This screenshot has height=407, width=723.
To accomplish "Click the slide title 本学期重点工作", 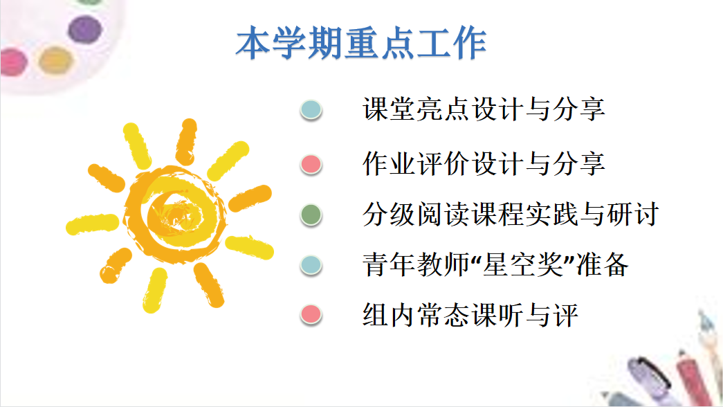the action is pyautogui.click(x=361, y=43).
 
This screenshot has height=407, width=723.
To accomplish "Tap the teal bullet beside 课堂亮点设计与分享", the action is pyautogui.click(x=311, y=110).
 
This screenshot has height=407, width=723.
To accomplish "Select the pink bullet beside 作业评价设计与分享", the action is pyautogui.click(x=311, y=165).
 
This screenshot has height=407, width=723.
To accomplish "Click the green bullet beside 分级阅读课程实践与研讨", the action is pyautogui.click(x=311, y=215).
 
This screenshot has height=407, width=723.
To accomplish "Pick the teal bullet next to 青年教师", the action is pyautogui.click(x=311, y=265).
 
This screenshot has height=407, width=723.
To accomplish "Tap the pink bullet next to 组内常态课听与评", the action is pyautogui.click(x=311, y=315).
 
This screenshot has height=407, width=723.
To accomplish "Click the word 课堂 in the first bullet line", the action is pyautogui.click(x=389, y=109).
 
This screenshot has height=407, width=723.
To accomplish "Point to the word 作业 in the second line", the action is pyautogui.click(x=389, y=164).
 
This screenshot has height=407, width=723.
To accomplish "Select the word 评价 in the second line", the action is pyautogui.click(x=443, y=164).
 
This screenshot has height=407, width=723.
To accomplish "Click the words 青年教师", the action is pyautogui.click(x=417, y=265).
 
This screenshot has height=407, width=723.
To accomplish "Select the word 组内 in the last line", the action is pyautogui.click(x=389, y=315).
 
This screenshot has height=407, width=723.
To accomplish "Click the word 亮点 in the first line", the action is pyautogui.click(x=443, y=109).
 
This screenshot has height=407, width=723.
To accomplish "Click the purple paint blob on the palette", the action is pyautogui.click(x=85, y=30).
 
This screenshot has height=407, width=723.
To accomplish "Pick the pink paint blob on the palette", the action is pyautogui.click(x=13, y=62).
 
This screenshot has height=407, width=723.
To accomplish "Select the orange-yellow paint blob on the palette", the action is pyautogui.click(x=56, y=60).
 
